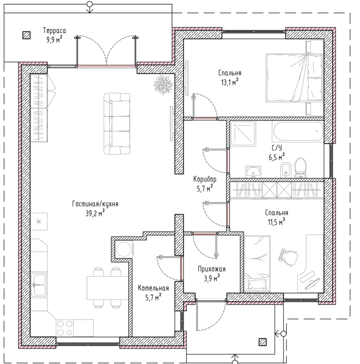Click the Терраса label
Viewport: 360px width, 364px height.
[54, 30]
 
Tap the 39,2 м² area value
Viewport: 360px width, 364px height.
[95, 213]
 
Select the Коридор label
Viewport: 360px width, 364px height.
[205, 179]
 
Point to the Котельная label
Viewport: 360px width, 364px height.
[153, 288]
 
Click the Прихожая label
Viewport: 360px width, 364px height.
[212, 269]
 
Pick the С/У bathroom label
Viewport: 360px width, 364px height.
[277, 148]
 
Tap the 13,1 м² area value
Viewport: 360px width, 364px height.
[230, 82]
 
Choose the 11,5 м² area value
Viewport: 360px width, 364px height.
[276, 222]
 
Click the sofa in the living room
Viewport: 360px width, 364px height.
[117, 123]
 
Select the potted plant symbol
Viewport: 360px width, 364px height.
[163, 85]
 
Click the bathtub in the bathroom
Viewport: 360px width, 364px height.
[298, 131]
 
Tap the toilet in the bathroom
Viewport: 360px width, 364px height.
[300, 168]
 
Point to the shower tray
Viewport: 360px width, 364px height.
[243, 133]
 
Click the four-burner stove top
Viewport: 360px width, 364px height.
[65, 328]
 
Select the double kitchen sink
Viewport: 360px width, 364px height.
[39, 285]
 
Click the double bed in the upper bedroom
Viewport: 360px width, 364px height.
[294, 78]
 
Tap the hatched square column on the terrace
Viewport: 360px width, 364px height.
[26, 35]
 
